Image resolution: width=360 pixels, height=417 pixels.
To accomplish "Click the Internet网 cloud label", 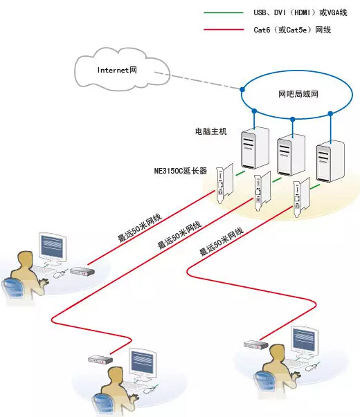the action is point(117,70).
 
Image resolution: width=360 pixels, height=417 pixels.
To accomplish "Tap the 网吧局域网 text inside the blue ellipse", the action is point(298,94).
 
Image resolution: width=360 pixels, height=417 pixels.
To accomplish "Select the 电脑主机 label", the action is point(211,131).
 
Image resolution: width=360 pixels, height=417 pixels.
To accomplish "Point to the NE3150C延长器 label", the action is point(181,171).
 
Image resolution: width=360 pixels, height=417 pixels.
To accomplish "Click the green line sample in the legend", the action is point(224,12).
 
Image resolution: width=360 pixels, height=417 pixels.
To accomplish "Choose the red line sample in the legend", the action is point(224,30).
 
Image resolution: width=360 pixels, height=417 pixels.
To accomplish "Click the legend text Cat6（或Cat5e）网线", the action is point(292,30).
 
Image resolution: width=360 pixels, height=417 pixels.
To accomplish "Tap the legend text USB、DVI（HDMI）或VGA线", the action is point(300,12).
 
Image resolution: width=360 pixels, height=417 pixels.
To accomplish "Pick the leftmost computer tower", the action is point(255,148).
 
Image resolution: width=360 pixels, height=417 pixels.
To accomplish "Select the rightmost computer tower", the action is point(330,161).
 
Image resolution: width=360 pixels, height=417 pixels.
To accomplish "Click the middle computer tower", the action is point(291,155).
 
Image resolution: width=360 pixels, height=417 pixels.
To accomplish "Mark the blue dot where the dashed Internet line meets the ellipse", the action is point(242,90).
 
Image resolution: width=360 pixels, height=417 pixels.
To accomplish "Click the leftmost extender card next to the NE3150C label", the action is point(224,183).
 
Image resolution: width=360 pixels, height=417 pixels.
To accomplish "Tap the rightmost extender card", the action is point(301,197).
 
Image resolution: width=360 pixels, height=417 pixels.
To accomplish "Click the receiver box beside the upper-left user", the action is point(82,271).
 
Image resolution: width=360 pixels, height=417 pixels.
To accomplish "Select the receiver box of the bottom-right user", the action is point(256,344).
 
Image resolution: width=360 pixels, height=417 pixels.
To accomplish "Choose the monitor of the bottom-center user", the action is point(143,364).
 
